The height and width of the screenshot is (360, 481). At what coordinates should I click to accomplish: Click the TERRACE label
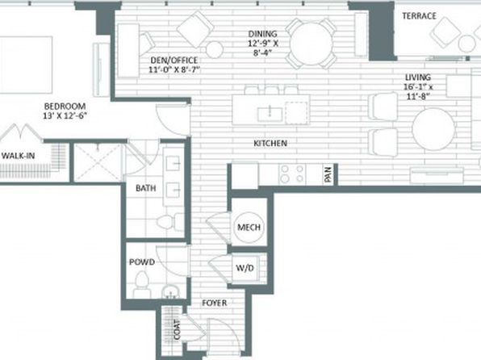(x=419, y=15)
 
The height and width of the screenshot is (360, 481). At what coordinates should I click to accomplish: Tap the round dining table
(x=311, y=44)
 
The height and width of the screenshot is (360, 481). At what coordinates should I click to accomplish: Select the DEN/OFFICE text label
(x=174, y=61)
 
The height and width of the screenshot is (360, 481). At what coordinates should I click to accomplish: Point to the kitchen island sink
(x=270, y=114)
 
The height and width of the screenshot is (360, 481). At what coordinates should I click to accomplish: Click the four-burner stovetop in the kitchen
(x=292, y=174)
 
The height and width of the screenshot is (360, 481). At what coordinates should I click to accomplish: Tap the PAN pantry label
(x=328, y=174)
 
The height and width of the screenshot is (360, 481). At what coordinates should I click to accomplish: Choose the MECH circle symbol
(x=249, y=228)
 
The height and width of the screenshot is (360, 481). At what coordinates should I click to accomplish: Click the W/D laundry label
(x=245, y=268)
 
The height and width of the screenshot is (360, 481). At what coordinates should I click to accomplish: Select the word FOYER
(x=215, y=303)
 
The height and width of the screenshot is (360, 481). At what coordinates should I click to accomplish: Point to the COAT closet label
(x=177, y=329)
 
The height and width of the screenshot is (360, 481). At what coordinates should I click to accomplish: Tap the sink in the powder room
(x=169, y=292)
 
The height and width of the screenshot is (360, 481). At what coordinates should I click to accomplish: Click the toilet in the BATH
(x=170, y=221)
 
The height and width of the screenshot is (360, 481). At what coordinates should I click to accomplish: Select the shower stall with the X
(x=98, y=162)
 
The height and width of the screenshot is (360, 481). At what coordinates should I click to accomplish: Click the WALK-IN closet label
(x=18, y=156)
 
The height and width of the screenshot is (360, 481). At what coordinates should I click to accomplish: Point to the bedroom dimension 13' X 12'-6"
(x=65, y=116)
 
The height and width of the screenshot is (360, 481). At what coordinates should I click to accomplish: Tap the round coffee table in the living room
(x=433, y=129)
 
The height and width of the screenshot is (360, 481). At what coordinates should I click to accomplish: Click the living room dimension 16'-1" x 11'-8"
(x=418, y=91)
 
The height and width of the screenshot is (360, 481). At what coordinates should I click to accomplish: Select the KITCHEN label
(x=270, y=143)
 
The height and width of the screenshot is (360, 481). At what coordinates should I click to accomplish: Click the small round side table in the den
(x=214, y=49)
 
